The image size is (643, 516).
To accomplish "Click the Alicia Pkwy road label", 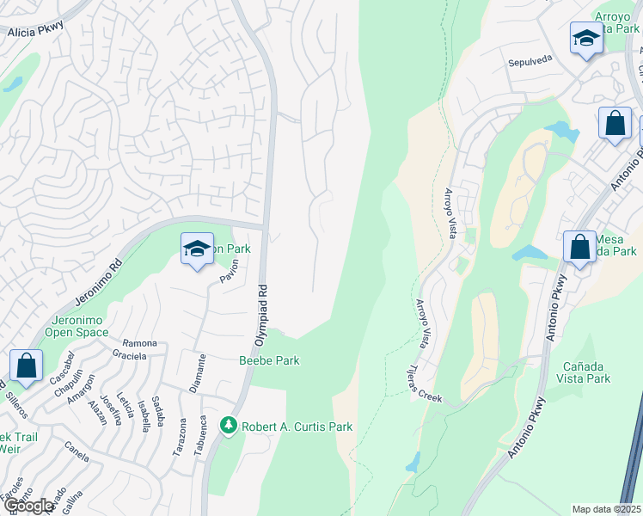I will [x=37, y=32].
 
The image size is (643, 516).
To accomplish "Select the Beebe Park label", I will [x=269, y=360].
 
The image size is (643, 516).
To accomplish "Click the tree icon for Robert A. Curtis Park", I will [x=228, y=426].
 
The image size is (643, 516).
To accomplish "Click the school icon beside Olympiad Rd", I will [x=197, y=249].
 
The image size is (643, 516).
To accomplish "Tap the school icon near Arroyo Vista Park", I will [x=585, y=39].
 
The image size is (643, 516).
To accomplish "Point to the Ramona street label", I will [x=139, y=342].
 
